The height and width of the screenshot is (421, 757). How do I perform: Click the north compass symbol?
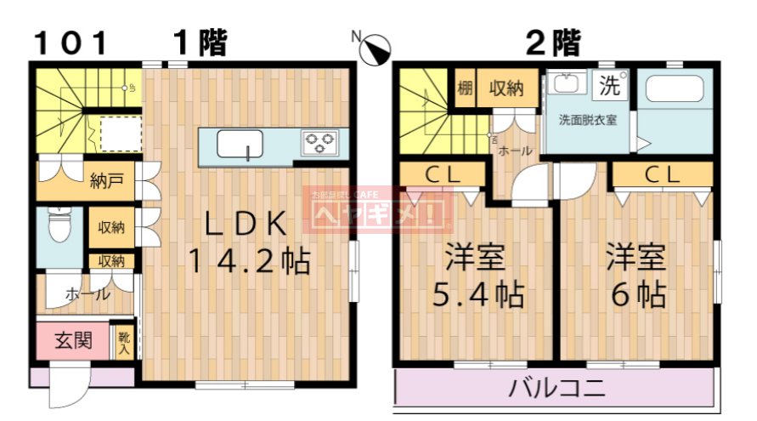point(374,49)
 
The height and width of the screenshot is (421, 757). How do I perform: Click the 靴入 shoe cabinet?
point(124,343)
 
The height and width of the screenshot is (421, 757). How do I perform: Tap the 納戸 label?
point(106,179)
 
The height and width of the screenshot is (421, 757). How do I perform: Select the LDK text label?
point(247,224)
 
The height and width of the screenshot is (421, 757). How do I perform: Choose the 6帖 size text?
point(638,294)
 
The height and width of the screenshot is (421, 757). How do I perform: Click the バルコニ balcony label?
point(557,390)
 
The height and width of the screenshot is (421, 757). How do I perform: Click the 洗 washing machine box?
point(610,85)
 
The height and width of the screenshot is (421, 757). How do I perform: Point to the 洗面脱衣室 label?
point(587,119)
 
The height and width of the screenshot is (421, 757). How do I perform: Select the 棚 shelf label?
point(465,88)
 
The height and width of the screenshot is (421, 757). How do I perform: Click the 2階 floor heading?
point(552,42)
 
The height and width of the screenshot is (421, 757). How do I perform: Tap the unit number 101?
point(71,42)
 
